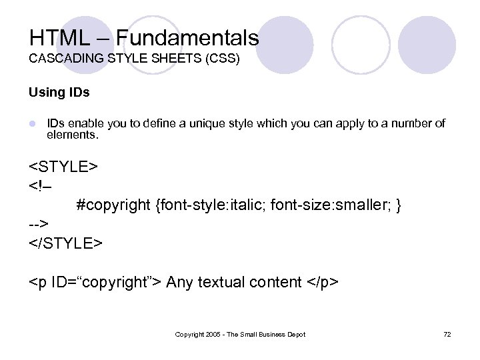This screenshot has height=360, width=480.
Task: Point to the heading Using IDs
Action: pos(59,93)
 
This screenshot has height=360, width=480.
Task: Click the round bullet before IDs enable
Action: pos(32,124)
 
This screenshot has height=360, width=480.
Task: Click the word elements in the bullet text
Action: pos(71,135)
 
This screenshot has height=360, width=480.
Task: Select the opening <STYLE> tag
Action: pos(64,167)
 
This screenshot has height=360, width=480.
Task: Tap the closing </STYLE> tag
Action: pos(66,243)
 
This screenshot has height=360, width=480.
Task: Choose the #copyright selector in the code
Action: pos(113,205)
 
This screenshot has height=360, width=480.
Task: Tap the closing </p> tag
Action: pos(323,283)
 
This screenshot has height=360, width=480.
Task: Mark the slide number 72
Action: pos(447,335)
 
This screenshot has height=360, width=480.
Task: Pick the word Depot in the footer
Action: pos(295,335)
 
